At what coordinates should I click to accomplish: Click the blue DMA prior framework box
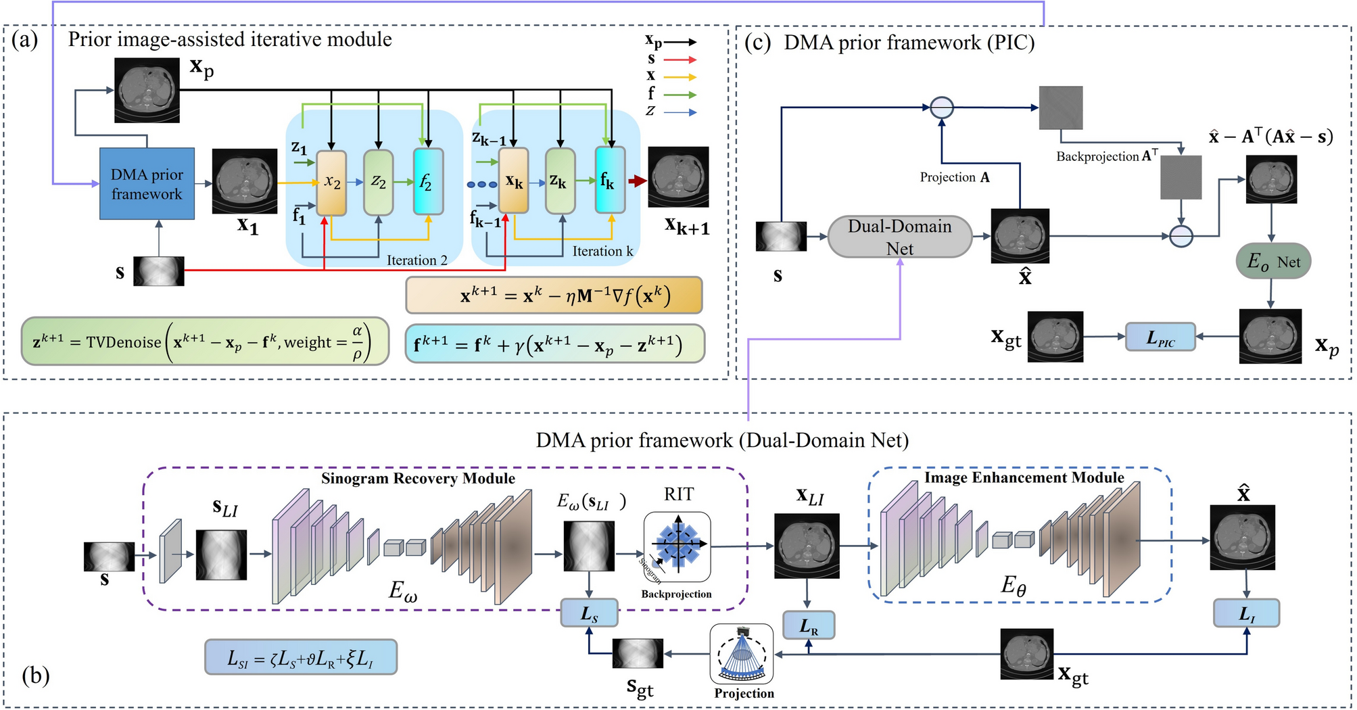pyautogui.click(x=147, y=184)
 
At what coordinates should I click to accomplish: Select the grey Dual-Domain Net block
pyautogui.click(x=899, y=237)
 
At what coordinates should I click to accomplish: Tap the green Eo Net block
pyautogui.click(x=1273, y=262)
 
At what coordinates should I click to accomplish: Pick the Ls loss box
pyautogui.click(x=589, y=613)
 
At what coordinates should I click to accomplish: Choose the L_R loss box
pyautogui.click(x=809, y=625)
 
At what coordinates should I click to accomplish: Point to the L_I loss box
pyautogui.click(x=1246, y=613)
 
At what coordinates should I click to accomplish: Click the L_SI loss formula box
pyautogui.click(x=301, y=657)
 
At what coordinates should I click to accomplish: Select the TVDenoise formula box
pyautogui.click(x=205, y=341)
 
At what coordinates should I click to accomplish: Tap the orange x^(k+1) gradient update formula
pyautogui.click(x=554, y=295)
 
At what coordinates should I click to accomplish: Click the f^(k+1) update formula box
pyautogui.click(x=554, y=344)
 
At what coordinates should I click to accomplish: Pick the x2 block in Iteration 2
pyautogui.click(x=331, y=183)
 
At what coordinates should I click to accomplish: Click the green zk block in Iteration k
pyautogui.click(x=560, y=181)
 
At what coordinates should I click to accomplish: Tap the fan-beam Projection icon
pyautogui.click(x=742, y=654)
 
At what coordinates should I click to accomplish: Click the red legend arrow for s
pyautogui.click(x=680, y=60)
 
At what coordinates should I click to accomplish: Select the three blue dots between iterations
pyautogui.click(x=481, y=184)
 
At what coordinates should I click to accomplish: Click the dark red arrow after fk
pyautogui.click(x=637, y=181)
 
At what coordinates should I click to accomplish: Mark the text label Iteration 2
pyautogui.click(x=416, y=260)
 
